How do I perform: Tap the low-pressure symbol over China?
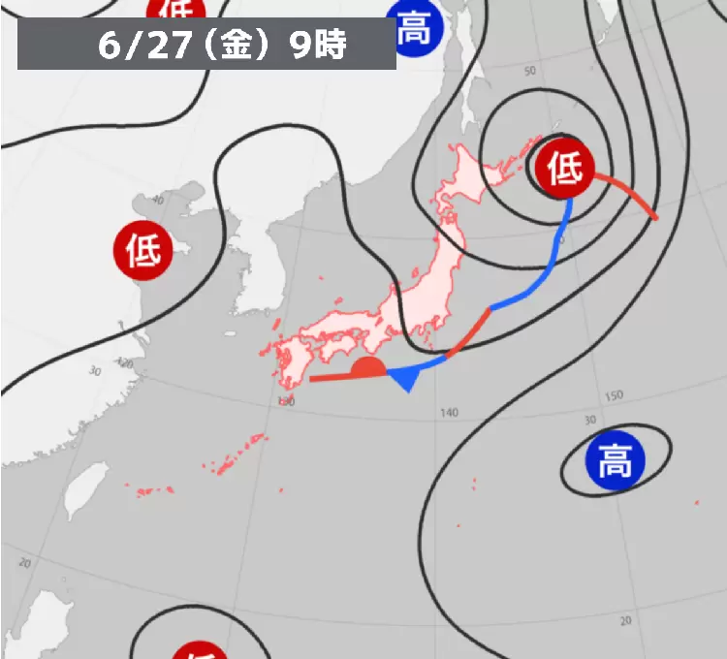pos(142,251)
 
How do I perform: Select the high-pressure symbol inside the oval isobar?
pos(614,462)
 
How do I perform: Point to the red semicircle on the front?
pos(367,367)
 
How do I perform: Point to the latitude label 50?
pos(530,72)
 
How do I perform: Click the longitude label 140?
pos(447,413)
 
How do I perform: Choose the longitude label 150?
pos(614,397)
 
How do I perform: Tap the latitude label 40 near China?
pos(158,199)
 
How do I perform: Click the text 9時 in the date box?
pos(318,46)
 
